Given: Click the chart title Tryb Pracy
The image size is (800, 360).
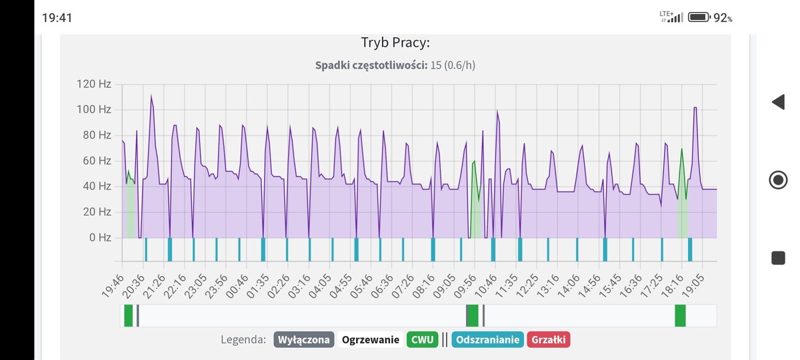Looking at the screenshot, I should pos(395,43).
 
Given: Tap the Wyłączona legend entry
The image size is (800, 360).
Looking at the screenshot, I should pos(303,340).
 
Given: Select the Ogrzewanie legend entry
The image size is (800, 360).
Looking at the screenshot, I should pos(371,340).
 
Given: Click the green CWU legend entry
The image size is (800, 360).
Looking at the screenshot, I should pos(422,340).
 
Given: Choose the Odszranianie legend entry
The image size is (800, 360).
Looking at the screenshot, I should pos(487,340).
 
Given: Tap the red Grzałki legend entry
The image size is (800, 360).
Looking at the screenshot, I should pos(548,340).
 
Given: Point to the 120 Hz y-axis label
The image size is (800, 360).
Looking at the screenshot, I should pos(94,84).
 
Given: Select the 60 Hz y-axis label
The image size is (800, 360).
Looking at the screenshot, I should pos(97,161).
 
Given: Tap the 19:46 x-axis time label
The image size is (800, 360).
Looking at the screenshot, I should pos(113,283).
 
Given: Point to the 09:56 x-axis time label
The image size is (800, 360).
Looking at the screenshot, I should pos(465,283).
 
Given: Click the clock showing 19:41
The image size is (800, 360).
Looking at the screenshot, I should pos(57,18).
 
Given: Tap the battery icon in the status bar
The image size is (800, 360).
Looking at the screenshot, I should pos(698,17).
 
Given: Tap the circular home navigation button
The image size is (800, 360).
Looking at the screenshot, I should pos(778,180).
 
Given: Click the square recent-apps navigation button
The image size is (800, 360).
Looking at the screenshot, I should pos(778,258).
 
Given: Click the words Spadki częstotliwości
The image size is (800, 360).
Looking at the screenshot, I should pos(371,65).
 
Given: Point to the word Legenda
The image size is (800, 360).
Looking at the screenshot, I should pos(243,340).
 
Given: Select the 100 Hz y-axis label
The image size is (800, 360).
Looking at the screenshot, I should pos(94,109).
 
